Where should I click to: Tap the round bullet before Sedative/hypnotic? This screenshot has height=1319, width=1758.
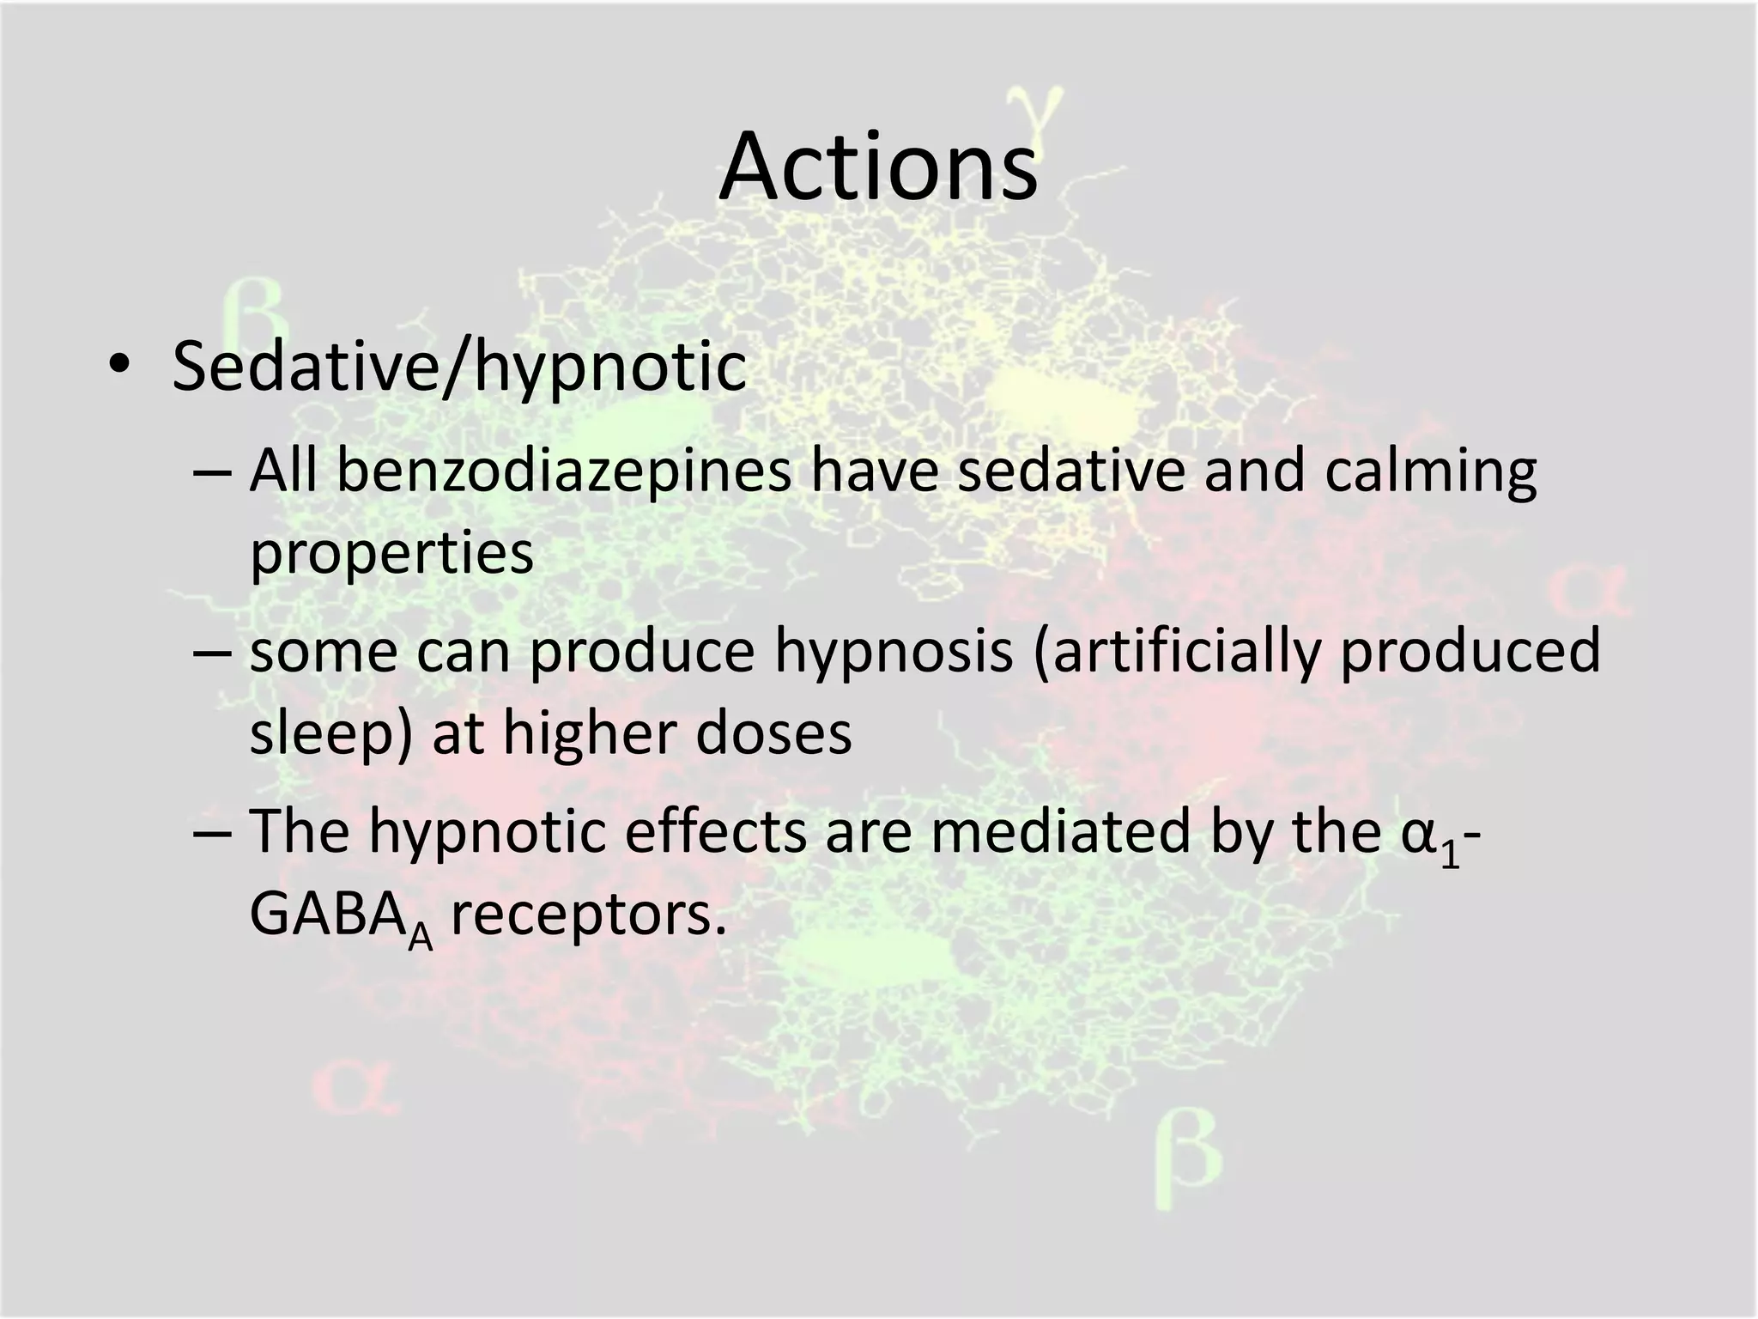pos(118,367)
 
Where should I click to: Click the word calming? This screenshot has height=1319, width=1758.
pos(1430,472)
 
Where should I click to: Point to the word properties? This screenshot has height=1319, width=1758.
pos(391,554)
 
